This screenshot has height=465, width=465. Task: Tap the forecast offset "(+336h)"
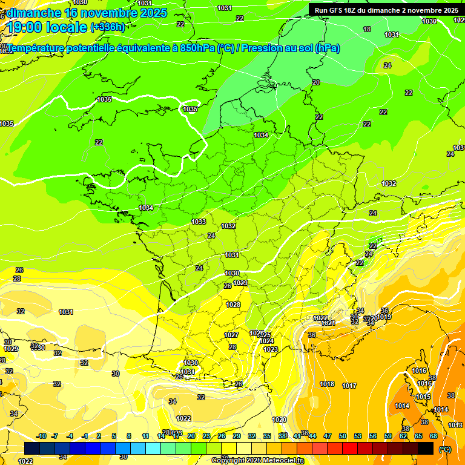(107, 27)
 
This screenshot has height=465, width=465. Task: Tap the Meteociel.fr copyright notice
(257, 460)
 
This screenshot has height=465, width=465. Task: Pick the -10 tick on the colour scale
(42, 436)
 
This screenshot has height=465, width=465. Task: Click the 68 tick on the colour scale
(434, 436)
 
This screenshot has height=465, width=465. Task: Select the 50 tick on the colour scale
(343, 436)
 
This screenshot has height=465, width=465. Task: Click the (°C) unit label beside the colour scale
(445, 449)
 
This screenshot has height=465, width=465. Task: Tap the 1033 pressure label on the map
(199, 222)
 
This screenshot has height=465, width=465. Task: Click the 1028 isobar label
(233, 305)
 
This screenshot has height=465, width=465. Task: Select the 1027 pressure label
(231, 335)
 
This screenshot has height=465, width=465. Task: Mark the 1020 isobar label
(279, 420)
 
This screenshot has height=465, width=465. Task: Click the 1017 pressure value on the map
(349, 386)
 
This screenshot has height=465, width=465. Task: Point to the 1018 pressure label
(327, 384)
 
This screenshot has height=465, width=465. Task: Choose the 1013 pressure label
(456, 425)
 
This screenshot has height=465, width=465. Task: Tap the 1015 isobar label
(423, 397)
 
